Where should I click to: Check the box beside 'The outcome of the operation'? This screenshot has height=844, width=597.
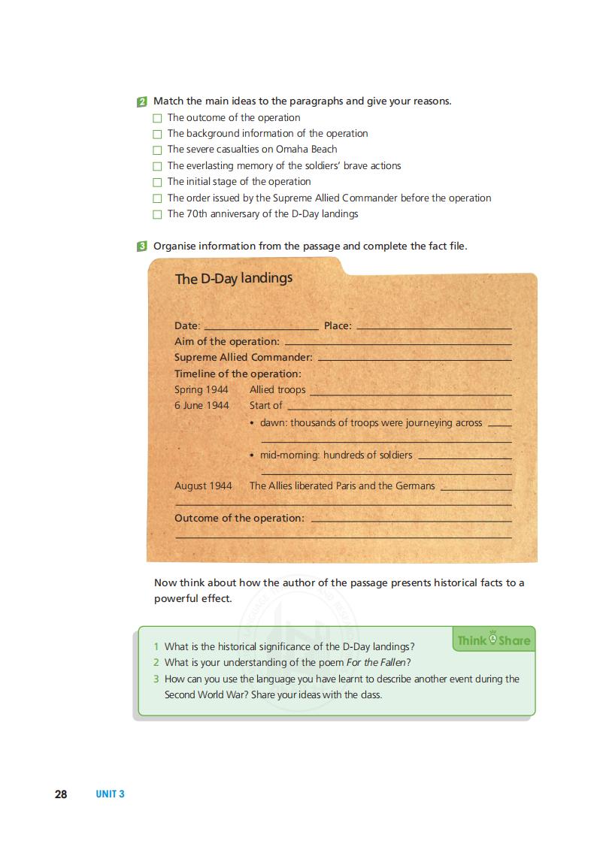tap(157, 118)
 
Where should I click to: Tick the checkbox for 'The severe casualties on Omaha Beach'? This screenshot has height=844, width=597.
tap(157, 150)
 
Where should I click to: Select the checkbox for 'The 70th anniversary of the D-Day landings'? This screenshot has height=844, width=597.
tap(157, 214)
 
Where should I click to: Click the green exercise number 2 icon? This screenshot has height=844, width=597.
tap(142, 101)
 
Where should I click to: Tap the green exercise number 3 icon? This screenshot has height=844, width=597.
tap(142, 247)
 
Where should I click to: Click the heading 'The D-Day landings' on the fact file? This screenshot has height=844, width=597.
tap(234, 279)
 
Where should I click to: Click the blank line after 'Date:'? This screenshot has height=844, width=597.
tap(261, 327)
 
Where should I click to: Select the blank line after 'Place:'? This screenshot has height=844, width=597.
tap(434, 327)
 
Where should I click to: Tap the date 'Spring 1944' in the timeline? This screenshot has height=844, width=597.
tap(202, 390)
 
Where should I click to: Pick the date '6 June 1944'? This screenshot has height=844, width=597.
tap(202, 406)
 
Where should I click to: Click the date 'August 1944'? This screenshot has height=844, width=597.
tap(203, 486)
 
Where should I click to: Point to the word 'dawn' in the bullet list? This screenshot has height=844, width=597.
tap(273, 423)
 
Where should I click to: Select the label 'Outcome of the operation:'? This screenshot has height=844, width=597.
tap(239, 519)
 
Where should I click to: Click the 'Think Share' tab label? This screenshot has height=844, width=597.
tap(493, 640)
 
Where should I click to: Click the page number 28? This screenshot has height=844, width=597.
tap(61, 794)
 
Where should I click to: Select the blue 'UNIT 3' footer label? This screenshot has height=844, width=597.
tap(110, 794)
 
